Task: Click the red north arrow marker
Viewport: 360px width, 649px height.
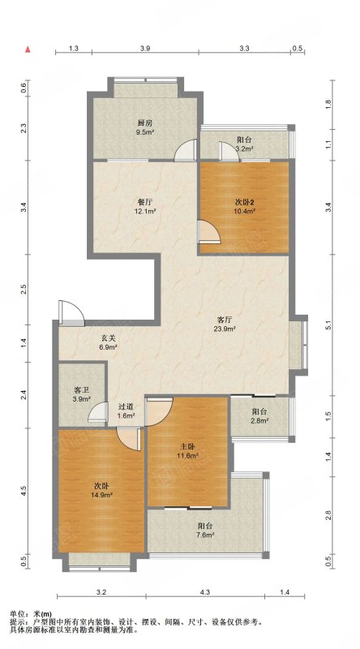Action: pos(28,49)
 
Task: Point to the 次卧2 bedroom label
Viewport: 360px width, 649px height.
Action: pos(245,202)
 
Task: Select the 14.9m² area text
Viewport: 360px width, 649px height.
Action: pos(102,494)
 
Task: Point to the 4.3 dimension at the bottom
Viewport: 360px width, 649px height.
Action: pos(205,593)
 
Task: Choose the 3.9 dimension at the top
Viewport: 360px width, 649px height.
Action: pos(145,49)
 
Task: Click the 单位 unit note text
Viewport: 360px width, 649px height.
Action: pos(30,614)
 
